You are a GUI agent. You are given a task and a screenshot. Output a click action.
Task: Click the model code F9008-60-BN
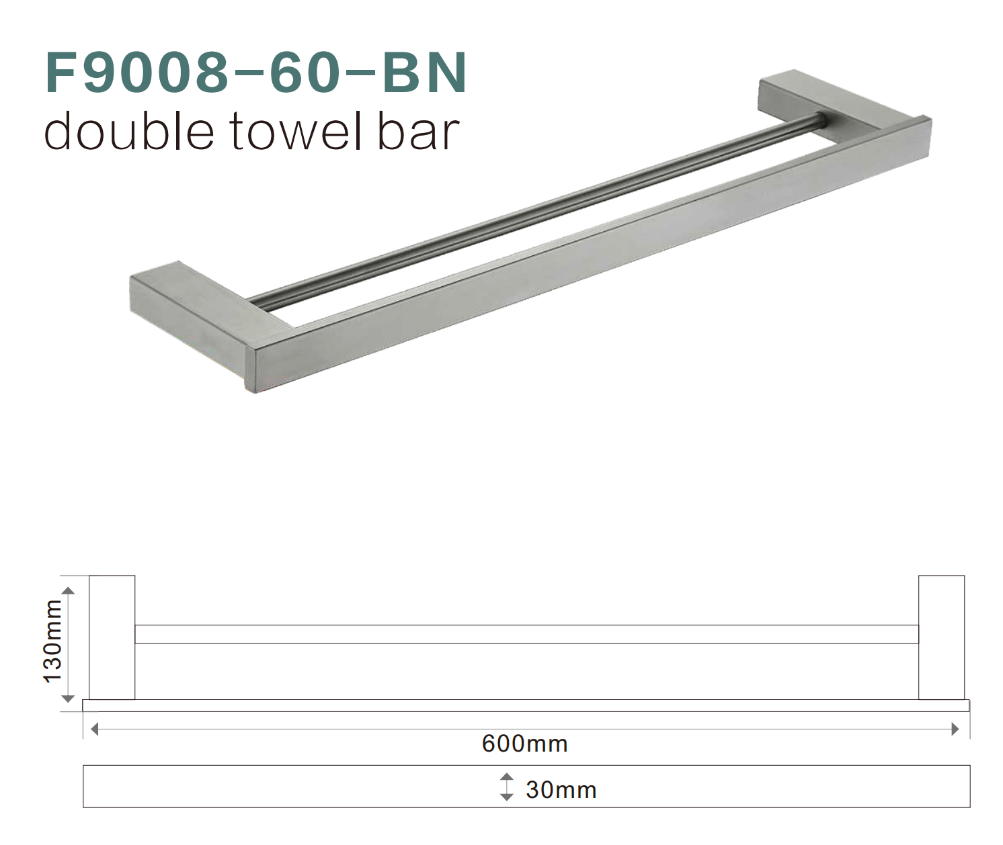click(x=255, y=72)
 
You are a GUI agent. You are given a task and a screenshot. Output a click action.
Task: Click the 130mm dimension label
click(x=52, y=641)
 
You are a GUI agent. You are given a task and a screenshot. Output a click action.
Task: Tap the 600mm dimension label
click(x=524, y=744)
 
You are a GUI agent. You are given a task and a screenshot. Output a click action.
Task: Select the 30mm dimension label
click(x=561, y=789)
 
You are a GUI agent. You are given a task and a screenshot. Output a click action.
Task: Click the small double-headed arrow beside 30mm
click(x=506, y=787)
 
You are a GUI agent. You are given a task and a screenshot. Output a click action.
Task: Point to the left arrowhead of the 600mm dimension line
click(x=94, y=729)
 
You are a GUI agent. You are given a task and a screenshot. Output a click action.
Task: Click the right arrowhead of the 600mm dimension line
click(x=955, y=729)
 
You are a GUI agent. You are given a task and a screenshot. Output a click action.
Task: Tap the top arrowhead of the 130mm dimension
click(x=68, y=590)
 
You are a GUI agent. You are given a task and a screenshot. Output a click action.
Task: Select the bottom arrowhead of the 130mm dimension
click(x=68, y=699)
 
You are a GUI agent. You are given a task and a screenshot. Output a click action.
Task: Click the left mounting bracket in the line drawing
click(x=112, y=637)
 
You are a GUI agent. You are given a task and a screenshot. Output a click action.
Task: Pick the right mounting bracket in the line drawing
click(x=941, y=637)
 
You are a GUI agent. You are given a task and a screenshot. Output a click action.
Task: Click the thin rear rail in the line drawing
click(x=526, y=634)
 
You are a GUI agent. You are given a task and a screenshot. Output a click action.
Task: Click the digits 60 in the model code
click(x=302, y=72)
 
